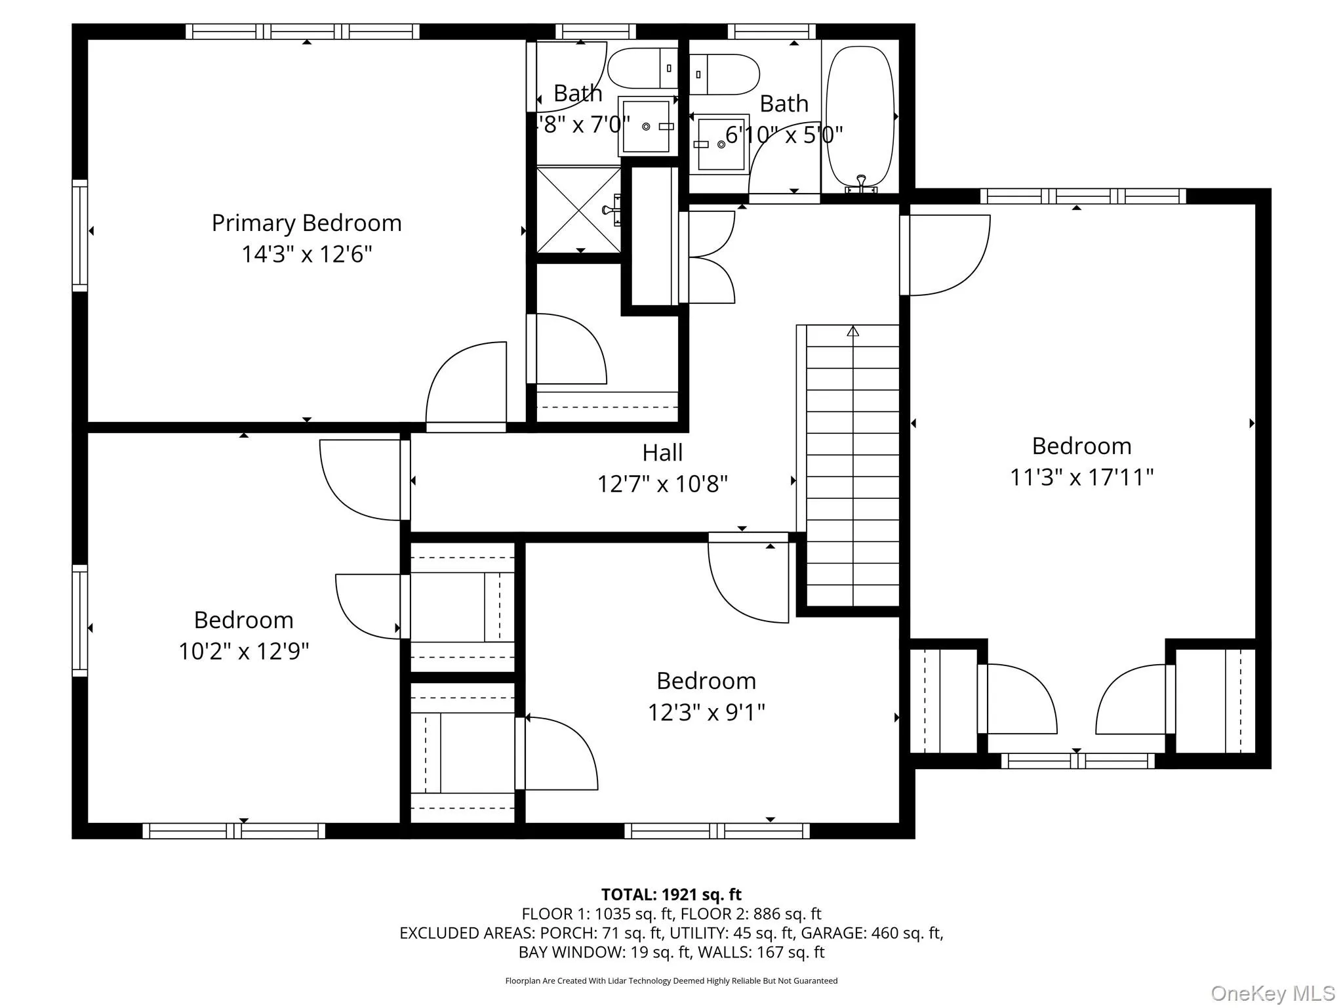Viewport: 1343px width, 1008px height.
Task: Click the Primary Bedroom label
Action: pos(306,223)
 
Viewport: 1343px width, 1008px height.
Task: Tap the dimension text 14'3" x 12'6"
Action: pos(306,254)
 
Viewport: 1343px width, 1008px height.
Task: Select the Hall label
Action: pos(662,453)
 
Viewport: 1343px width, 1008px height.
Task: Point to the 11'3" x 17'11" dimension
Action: pos(1081,477)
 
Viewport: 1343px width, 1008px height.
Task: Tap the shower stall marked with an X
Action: pos(578,209)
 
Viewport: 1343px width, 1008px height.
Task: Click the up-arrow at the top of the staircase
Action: pos(852,331)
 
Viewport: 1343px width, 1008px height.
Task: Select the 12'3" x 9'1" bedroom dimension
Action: pos(706,712)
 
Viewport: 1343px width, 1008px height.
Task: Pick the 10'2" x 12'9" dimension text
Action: pos(243,651)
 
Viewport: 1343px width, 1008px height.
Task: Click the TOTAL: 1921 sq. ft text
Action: pos(671,894)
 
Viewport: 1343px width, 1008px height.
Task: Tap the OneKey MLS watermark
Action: pos(1272,994)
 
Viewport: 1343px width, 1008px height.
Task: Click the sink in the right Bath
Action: pos(721,144)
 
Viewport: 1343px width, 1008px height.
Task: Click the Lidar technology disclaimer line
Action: pos(671,980)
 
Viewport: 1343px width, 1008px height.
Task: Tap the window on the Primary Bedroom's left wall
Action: pos(79,235)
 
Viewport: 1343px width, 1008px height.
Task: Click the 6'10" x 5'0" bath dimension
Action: pos(784,135)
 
